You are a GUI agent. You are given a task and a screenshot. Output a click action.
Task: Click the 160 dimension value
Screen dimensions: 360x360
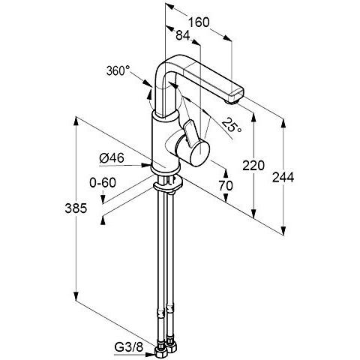(199, 22)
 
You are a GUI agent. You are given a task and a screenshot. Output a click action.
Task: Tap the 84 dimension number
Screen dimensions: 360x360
(183, 35)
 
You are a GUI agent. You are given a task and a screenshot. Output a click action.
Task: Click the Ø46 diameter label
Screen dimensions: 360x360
(112, 158)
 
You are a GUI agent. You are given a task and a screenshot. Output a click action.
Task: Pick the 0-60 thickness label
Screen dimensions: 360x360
(103, 182)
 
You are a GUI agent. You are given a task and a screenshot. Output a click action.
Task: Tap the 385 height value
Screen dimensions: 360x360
(76, 208)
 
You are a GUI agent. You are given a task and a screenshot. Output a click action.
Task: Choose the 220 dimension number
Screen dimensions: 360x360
(253, 165)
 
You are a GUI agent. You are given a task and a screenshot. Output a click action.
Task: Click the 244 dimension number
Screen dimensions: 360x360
(283, 177)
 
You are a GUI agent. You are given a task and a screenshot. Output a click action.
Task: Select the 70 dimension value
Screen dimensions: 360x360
(226, 185)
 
